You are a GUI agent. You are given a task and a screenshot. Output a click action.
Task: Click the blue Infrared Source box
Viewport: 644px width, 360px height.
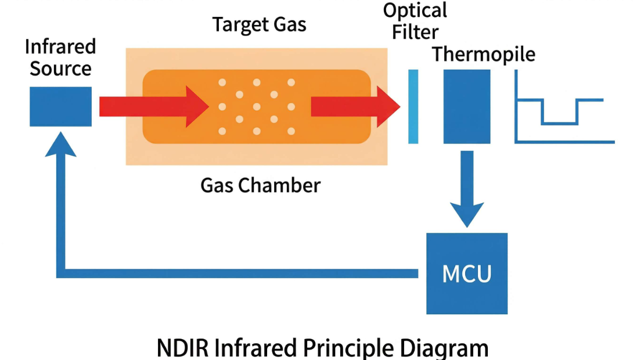pos(60,106)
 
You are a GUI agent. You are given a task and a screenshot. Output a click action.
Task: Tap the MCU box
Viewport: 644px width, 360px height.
pos(467,273)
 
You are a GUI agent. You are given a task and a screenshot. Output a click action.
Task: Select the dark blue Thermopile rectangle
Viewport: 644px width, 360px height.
pos(467,106)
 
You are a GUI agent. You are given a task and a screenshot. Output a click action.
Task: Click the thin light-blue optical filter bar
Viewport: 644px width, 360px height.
pos(413,106)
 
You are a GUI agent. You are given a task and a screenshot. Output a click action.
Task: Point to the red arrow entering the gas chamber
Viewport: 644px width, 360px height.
pos(154,106)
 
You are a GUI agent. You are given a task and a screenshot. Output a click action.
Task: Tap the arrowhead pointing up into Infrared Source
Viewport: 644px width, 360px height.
pos(60,142)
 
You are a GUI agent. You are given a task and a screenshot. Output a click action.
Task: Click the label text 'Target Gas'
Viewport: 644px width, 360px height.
pos(259,25)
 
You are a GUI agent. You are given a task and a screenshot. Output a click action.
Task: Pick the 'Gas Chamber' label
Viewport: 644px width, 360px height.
pos(260,185)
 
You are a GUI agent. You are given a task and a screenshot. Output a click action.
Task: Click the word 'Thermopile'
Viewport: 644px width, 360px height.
pos(484,55)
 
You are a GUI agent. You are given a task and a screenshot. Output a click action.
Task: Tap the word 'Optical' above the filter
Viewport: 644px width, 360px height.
pos(415,10)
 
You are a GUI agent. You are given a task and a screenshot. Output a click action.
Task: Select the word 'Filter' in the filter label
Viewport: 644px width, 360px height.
pos(415,32)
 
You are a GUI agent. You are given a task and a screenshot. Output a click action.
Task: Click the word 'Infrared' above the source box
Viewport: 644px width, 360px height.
pos(60,46)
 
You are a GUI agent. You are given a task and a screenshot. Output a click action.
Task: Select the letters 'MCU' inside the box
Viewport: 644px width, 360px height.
pos(467,273)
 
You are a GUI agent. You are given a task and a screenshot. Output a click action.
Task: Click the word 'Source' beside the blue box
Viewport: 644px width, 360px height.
pos(60,69)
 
